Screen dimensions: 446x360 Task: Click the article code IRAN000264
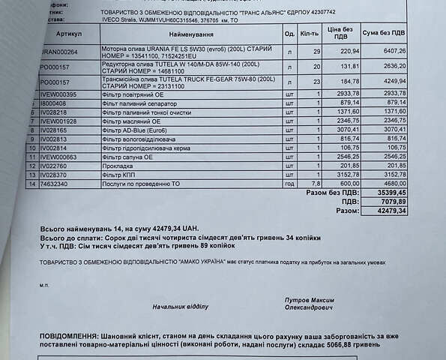tap(58, 51)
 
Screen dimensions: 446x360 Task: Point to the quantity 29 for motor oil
tap(317, 51)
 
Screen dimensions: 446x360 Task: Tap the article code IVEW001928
tap(58, 121)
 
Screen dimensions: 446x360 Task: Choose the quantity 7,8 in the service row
tap(316, 183)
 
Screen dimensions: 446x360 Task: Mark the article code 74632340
tap(53, 183)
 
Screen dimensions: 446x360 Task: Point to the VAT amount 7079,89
tap(394, 202)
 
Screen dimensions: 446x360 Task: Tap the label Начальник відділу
tap(180, 307)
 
